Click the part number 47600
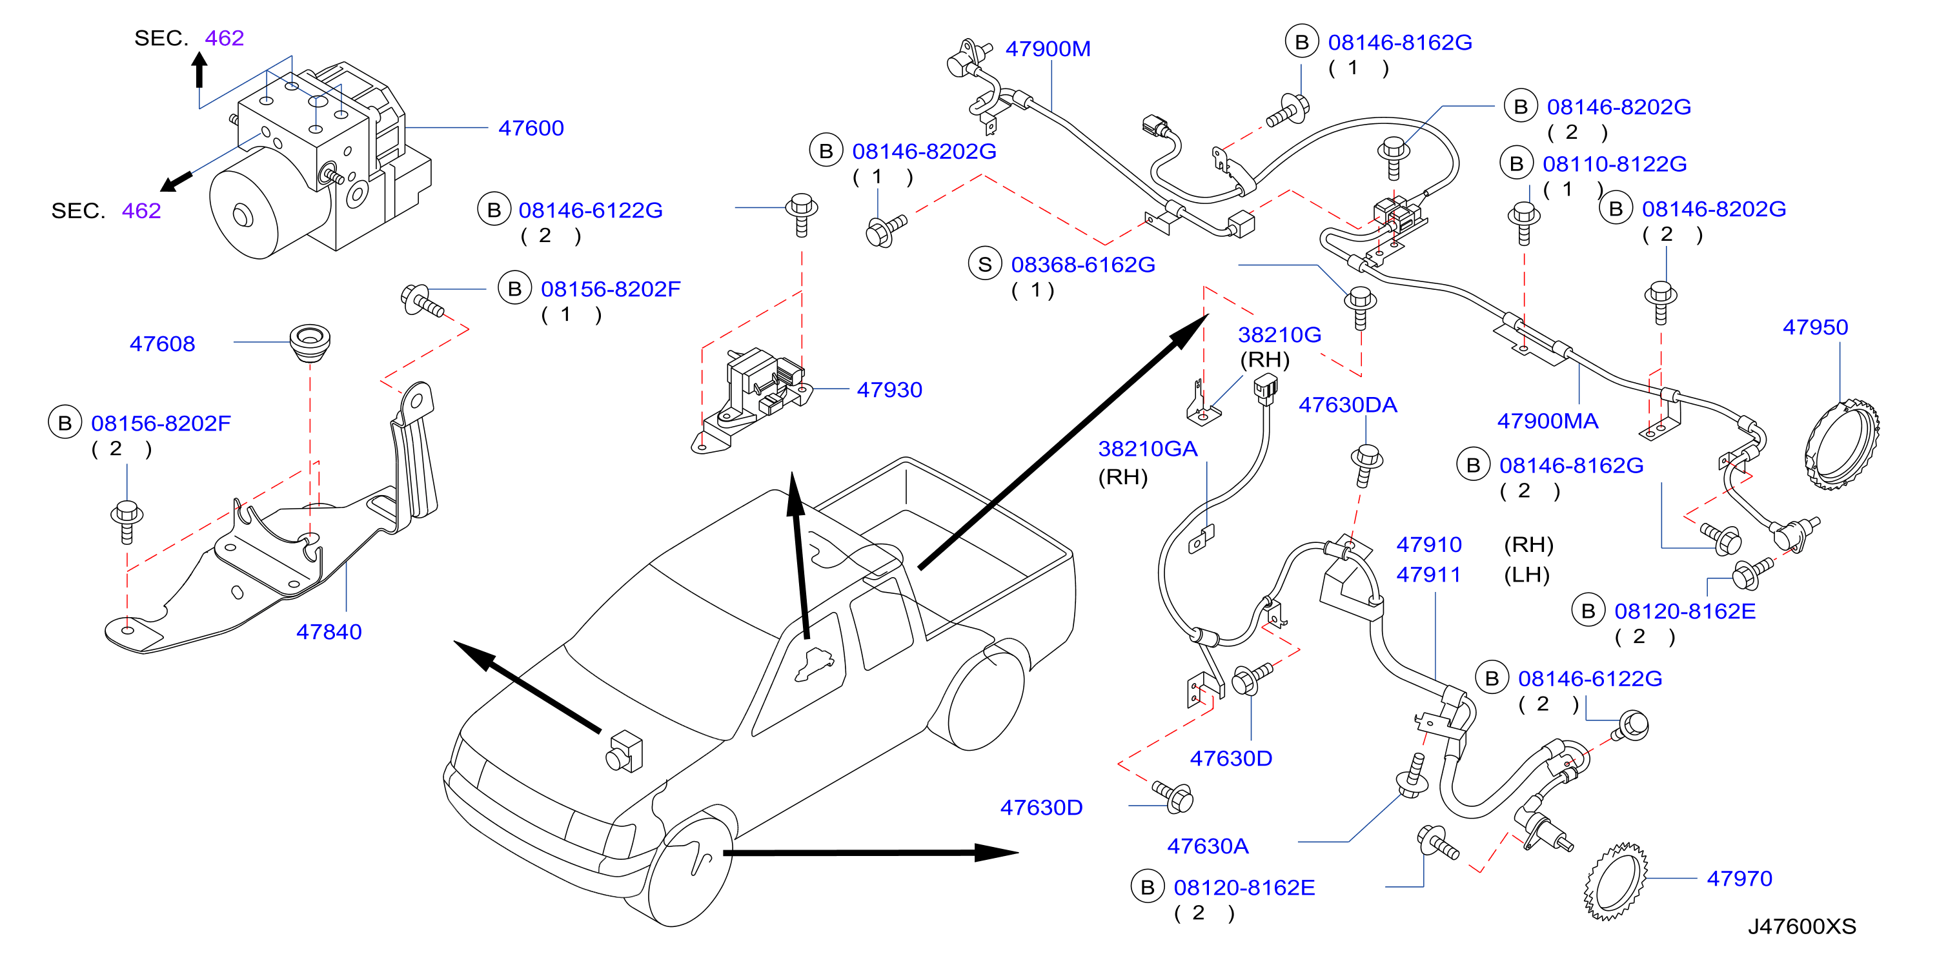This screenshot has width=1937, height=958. click(x=531, y=128)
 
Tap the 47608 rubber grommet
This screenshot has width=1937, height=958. click(x=310, y=343)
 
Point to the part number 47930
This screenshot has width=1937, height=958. click(x=889, y=389)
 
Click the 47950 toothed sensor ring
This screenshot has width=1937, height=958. click(x=1841, y=446)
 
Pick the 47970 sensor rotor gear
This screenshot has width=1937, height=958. click(x=1615, y=882)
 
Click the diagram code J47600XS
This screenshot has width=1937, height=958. click(x=1801, y=926)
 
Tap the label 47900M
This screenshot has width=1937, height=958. click(x=1048, y=49)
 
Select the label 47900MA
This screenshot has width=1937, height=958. click(x=1548, y=421)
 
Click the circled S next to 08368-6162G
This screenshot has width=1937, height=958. click(x=985, y=264)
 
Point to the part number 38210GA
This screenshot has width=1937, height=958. click(x=1148, y=449)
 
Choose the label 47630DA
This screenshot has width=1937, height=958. click(x=1348, y=405)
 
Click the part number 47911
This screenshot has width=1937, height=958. click(x=1428, y=575)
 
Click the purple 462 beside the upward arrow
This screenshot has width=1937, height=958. click(x=224, y=38)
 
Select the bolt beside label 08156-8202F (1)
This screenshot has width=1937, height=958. click(x=422, y=301)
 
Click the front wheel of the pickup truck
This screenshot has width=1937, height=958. click(x=688, y=868)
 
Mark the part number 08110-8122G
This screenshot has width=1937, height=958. click(x=1614, y=164)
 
